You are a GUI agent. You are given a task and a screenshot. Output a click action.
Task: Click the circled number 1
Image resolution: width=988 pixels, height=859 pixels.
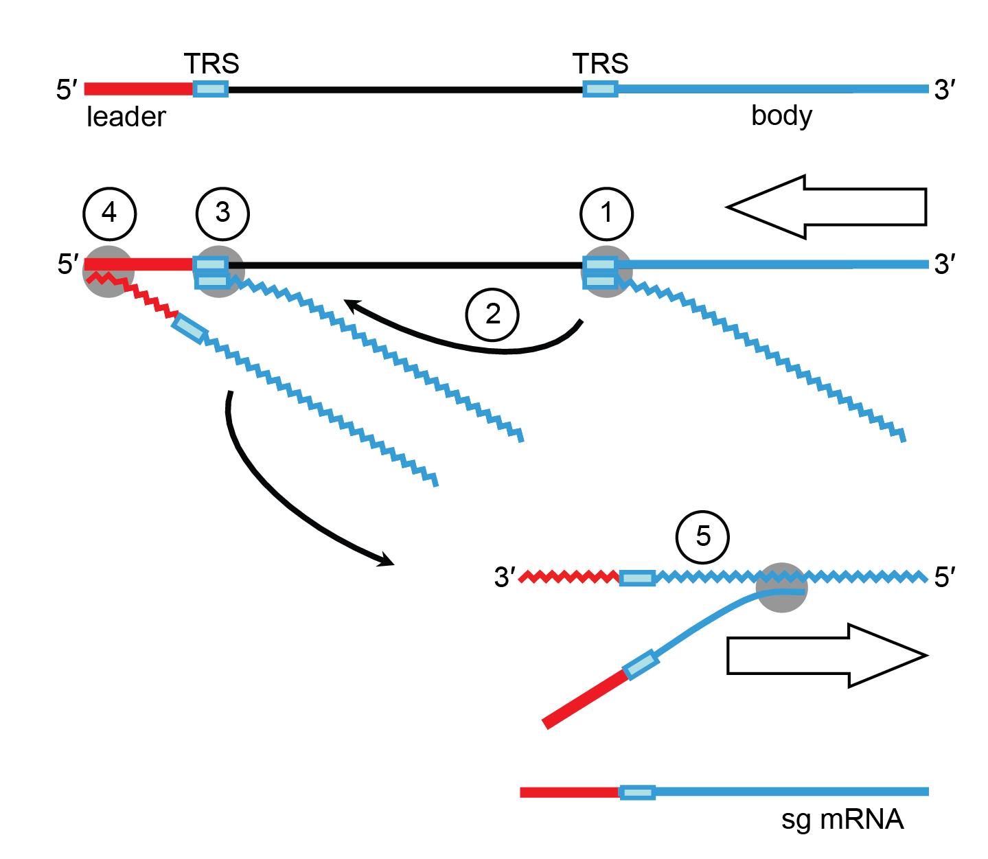pyautogui.click(x=606, y=214)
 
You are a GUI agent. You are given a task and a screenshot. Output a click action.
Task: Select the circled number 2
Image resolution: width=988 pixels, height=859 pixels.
pyautogui.click(x=492, y=314)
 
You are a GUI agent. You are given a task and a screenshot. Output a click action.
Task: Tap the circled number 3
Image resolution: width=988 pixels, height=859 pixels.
pyautogui.click(x=222, y=214)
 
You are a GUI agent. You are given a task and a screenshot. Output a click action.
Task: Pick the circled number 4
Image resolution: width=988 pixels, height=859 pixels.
pyautogui.click(x=109, y=214)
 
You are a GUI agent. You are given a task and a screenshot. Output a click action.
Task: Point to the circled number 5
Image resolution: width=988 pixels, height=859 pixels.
pyautogui.click(x=702, y=536)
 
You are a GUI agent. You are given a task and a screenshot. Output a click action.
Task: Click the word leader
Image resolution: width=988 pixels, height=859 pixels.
pyautogui.click(x=126, y=117)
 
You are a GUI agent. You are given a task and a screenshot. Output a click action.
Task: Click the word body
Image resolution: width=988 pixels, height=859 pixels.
pyautogui.click(x=781, y=116)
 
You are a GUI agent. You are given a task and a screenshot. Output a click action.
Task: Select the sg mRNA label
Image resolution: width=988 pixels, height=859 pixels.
pyautogui.click(x=842, y=819)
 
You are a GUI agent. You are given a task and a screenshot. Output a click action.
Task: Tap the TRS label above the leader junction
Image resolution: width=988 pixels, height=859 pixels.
pyautogui.click(x=211, y=64)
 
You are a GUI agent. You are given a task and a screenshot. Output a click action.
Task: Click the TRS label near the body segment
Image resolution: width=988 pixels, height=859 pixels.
pyautogui.click(x=601, y=64)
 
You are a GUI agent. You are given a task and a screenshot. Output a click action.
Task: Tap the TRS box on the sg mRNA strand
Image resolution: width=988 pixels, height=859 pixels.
pyautogui.click(x=637, y=792)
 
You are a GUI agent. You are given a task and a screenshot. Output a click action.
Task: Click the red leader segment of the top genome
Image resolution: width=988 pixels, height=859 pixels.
pyautogui.click(x=138, y=89)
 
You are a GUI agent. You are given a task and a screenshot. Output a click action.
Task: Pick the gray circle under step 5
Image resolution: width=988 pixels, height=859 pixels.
pyautogui.click(x=781, y=588)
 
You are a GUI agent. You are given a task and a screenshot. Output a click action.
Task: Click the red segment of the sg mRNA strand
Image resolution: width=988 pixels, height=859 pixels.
pyautogui.click(x=569, y=792)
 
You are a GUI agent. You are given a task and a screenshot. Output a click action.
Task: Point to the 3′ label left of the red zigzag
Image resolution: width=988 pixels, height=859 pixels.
pyautogui.click(x=505, y=577)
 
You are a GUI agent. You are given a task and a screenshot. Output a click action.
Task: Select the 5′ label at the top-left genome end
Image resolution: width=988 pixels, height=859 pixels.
pyautogui.click(x=67, y=90)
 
